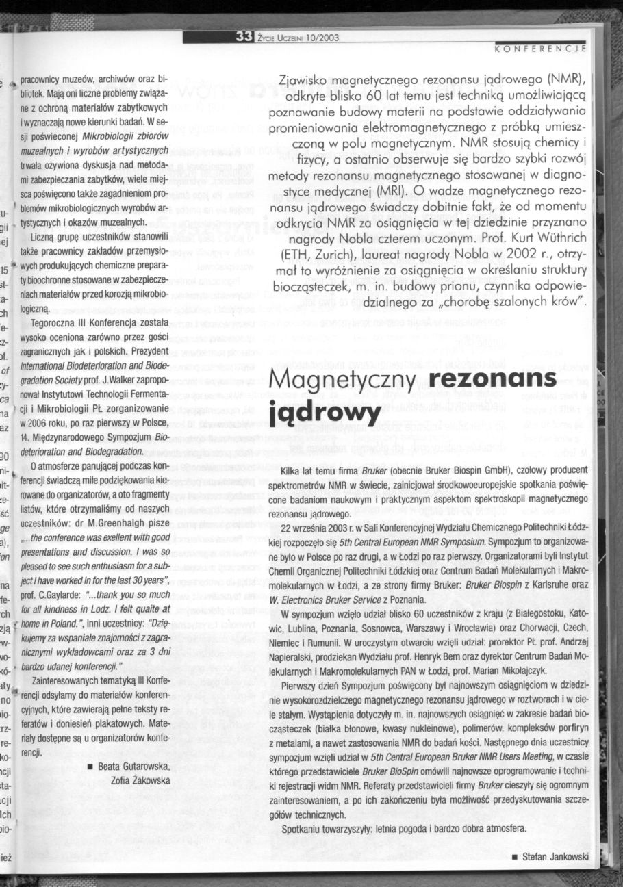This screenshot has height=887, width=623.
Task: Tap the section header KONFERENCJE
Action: [x=540, y=49]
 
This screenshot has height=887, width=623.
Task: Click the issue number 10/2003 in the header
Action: [x=322, y=38]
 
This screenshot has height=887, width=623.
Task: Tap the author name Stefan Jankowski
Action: [x=555, y=858]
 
